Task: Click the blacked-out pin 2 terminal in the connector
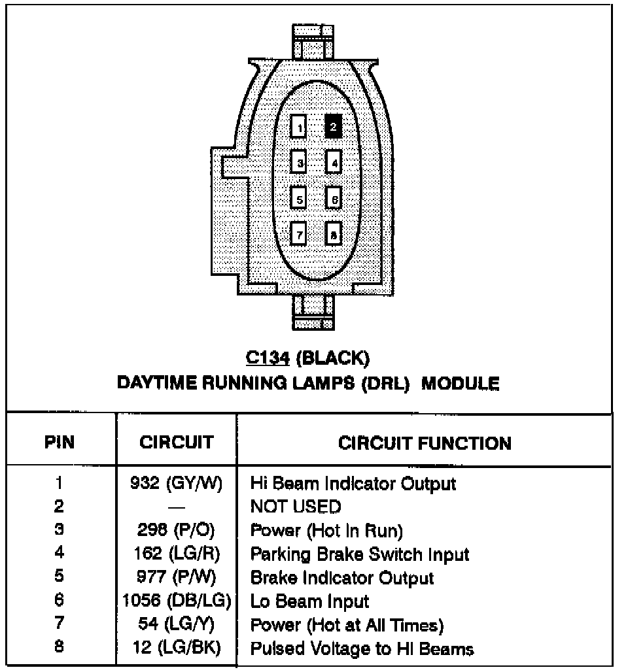(x=333, y=126)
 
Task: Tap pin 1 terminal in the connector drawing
(x=299, y=127)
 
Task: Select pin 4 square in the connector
(x=334, y=161)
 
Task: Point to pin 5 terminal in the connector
(x=299, y=197)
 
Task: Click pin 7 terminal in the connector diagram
(x=299, y=232)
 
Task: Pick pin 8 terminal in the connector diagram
(x=334, y=233)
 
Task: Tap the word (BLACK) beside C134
(x=332, y=358)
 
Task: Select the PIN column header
(x=60, y=443)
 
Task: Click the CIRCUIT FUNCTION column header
(x=425, y=443)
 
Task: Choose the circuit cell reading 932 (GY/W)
(x=175, y=484)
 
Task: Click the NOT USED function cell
(x=295, y=507)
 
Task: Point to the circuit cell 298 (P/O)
(x=175, y=530)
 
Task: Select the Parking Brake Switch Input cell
(x=360, y=554)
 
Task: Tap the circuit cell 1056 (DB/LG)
(x=175, y=601)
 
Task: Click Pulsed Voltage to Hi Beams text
(x=362, y=648)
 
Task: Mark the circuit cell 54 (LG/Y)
(x=175, y=625)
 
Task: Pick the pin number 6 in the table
(x=60, y=601)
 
